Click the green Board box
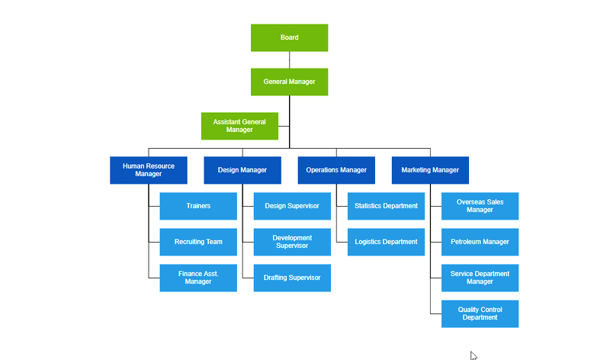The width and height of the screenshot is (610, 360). click(289, 37)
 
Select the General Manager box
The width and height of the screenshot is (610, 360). click(289, 82)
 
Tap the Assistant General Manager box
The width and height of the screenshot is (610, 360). click(239, 126)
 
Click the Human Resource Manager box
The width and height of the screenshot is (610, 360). click(149, 170)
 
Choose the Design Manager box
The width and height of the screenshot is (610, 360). click(242, 170)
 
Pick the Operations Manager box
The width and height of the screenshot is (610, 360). click(336, 170)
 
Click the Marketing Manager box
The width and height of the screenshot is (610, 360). click(430, 170)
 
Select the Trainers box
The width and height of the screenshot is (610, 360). click(198, 206)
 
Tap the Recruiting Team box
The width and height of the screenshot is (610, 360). click(198, 242)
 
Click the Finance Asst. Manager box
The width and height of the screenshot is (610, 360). click(198, 278)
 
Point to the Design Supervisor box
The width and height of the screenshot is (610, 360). click(292, 206)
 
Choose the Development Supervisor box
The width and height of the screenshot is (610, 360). click(292, 242)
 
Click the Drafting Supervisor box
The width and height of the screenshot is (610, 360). click(292, 278)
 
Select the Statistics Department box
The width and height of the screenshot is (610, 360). click(386, 206)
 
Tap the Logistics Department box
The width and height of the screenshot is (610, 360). click(386, 242)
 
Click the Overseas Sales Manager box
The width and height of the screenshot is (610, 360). click(480, 206)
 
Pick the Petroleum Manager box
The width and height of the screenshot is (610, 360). click(480, 242)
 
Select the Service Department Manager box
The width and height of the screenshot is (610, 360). click(480, 278)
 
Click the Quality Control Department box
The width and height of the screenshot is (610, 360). click(480, 313)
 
